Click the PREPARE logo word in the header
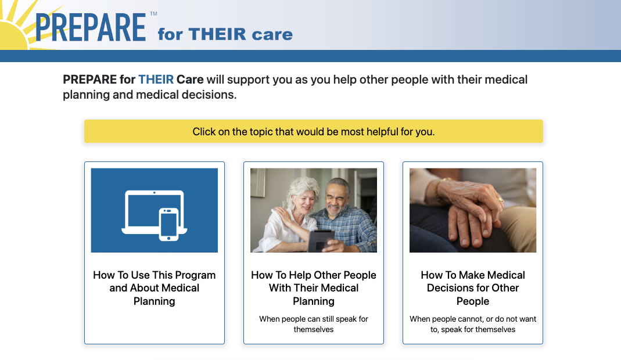[91, 27]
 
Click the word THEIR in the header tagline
[217, 34]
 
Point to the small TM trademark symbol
[154, 14]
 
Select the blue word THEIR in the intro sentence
[156, 80]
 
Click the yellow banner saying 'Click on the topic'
[314, 131]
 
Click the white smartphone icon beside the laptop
[168, 225]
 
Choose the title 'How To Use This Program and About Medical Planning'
[155, 288]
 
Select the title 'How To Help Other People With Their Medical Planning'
[314, 288]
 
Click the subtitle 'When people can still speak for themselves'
[314, 324]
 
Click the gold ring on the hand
[501, 200]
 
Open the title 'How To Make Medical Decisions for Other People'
[473, 288]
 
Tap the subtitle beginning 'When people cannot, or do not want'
[473, 324]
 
